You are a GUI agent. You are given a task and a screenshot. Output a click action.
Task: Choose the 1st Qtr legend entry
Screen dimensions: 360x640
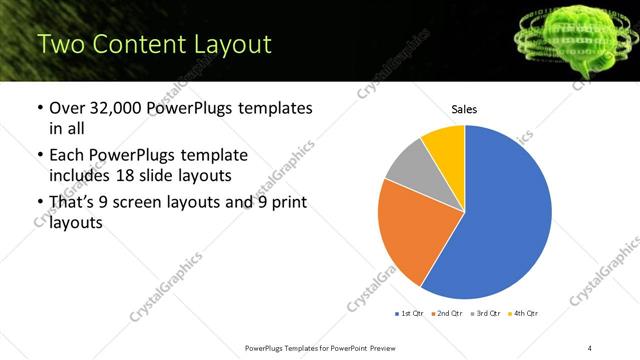coord(411,313)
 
